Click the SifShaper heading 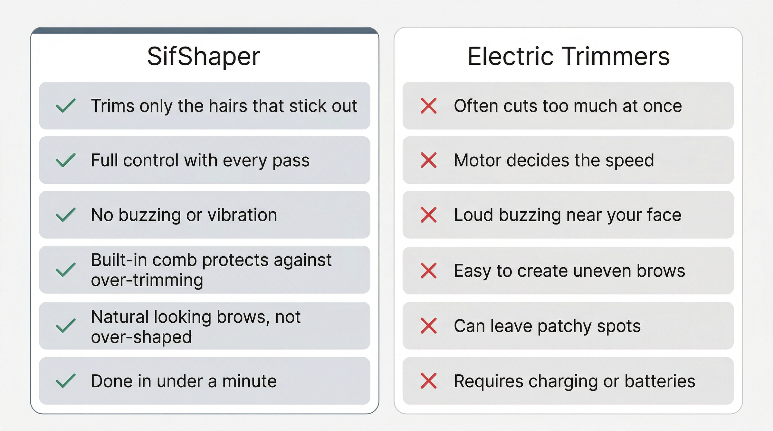(204, 57)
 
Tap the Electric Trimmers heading (568, 56)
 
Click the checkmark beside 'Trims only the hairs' (66, 105)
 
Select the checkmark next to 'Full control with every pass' (66, 160)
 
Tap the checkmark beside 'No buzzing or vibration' (66, 215)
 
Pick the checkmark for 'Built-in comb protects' (66, 270)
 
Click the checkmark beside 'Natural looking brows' (66, 326)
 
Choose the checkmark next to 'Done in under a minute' (66, 381)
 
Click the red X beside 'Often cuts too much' (429, 106)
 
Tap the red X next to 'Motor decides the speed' (429, 160)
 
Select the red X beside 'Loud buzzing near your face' (429, 215)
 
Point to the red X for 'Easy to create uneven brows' (429, 271)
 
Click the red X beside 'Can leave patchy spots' (429, 326)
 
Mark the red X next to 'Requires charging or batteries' (429, 381)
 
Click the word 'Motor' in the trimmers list (477, 160)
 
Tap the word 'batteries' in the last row (660, 381)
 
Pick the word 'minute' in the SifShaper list (249, 381)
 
